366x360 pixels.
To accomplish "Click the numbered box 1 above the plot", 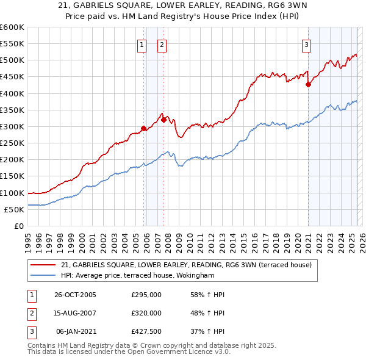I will click(142, 44).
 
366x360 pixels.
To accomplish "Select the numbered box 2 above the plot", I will click(162, 44).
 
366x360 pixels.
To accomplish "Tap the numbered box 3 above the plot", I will click(306, 44).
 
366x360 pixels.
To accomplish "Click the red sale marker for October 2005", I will click(144, 128).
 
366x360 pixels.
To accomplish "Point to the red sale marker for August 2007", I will click(163, 120).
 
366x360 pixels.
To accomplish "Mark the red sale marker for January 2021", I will click(309, 85).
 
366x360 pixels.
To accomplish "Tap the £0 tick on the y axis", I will click(19, 226).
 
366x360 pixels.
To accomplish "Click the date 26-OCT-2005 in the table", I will click(75, 295).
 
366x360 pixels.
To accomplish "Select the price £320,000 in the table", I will click(146, 313).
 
